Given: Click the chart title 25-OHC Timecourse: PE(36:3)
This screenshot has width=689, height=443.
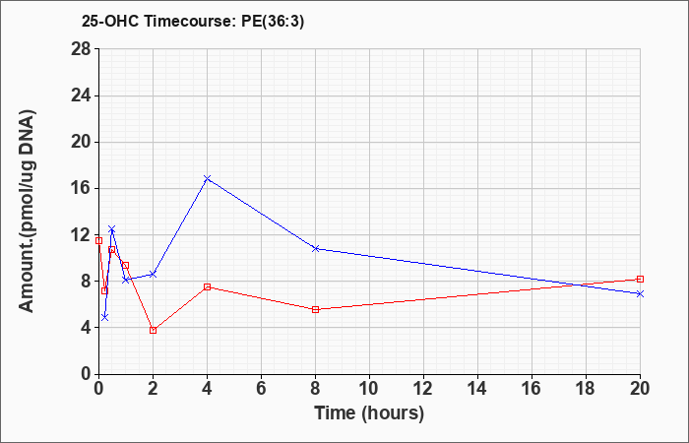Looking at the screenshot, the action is click(193, 22).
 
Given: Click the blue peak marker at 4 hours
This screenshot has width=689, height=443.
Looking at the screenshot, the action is click(208, 178).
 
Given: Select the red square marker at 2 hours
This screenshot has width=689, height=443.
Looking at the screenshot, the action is click(153, 330).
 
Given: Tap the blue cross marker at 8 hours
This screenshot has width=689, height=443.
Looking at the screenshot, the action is click(316, 248).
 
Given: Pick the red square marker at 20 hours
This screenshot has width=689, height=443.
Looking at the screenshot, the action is click(640, 279).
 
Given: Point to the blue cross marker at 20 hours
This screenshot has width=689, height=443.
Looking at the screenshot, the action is click(640, 293).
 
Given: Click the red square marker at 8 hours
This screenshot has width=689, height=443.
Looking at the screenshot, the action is click(316, 309).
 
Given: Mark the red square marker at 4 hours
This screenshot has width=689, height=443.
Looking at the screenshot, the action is click(208, 287).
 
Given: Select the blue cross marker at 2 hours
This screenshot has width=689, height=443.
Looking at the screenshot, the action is click(153, 275).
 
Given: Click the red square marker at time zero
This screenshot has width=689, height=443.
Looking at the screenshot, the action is click(98, 240).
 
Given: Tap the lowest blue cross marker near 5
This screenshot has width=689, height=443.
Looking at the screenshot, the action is click(104, 317).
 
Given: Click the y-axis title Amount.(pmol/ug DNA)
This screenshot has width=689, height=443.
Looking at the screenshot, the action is click(27, 211).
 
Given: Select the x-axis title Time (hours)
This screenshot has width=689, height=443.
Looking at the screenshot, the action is click(369, 413).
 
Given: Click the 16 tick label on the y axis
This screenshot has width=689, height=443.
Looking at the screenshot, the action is click(81, 189).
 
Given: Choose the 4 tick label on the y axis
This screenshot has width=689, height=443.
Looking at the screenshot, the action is click(86, 328).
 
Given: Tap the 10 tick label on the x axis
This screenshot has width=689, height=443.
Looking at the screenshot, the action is click(369, 389).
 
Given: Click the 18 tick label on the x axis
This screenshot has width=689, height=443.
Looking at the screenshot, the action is click(586, 389).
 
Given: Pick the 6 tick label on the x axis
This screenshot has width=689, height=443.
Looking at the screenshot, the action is click(261, 389).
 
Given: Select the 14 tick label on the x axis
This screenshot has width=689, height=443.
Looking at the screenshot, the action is click(477, 389).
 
